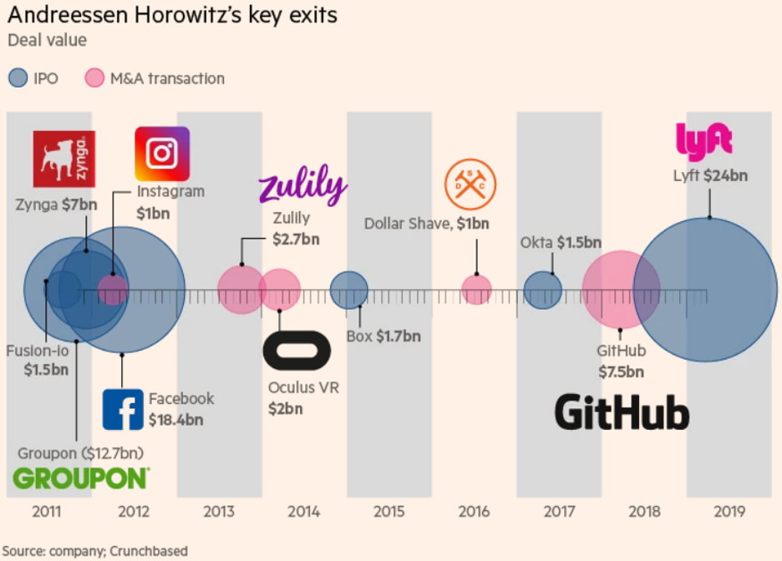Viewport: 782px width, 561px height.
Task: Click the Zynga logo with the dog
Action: click(63, 159)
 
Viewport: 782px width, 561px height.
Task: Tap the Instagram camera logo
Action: click(162, 154)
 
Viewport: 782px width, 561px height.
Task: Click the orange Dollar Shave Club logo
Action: click(470, 183)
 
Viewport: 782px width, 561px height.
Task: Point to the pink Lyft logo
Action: click(703, 139)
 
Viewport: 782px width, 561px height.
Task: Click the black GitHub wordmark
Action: click(622, 412)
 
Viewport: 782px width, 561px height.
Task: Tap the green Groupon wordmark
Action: click(81, 478)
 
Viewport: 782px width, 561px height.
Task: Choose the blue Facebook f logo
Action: click(123, 410)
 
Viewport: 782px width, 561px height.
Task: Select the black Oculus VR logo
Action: click(297, 351)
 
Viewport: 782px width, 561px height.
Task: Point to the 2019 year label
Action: click(730, 512)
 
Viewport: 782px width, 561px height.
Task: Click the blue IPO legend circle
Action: click(18, 78)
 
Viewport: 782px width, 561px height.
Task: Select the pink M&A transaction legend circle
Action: click(95, 78)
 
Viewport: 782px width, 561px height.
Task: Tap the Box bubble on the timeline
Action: click(349, 291)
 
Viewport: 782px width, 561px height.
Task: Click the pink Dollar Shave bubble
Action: click(477, 290)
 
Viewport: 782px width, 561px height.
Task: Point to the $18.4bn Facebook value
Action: click(175, 419)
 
